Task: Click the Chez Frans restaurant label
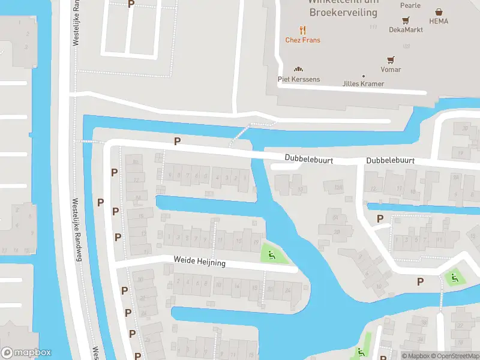[x=302, y=40]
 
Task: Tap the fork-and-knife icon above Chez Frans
[x=302, y=29]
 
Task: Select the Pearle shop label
[x=410, y=5]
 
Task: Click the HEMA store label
[x=439, y=21]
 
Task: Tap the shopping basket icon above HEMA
[x=439, y=11]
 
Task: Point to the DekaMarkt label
[x=406, y=29]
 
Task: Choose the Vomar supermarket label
[x=391, y=70]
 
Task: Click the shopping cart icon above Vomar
[x=391, y=59]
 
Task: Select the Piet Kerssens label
[x=298, y=79]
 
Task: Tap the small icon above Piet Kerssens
[x=298, y=69]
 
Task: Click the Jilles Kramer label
[x=363, y=83]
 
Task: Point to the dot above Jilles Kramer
[x=363, y=76]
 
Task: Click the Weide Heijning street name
[x=200, y=263]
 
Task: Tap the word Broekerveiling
[x=343, y=12]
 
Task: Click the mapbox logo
[x=26, y=353]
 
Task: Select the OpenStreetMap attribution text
[x=455, y=356]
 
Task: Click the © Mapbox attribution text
[x=416, y=356]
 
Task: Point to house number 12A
[x=338, y=188]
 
